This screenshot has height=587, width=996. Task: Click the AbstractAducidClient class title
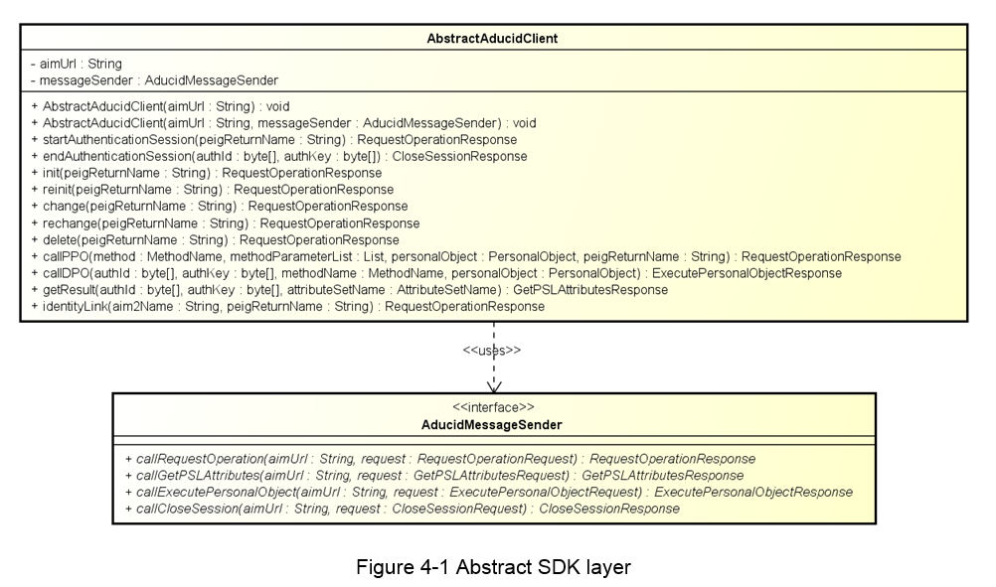click(492, 39)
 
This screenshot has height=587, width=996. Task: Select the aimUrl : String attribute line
click(77, 65)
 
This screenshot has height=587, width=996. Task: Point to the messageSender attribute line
click(154, 80)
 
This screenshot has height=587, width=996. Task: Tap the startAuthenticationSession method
click(273, 140)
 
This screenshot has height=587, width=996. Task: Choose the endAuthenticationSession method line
click(279, 156)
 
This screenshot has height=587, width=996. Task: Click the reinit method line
click(212, 190)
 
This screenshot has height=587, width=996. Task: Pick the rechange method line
click(226, 223)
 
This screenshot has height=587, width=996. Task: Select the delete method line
click(215, 240)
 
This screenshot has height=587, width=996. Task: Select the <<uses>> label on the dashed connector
click(492, 351)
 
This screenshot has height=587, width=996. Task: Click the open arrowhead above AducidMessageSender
click(494, 387)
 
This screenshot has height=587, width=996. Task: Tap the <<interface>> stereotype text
click(494, 407)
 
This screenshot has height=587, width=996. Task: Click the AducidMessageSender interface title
click(492, 425)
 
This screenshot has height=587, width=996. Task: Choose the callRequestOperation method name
click(200, 459)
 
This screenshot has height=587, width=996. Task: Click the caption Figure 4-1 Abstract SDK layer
click(494, 567)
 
